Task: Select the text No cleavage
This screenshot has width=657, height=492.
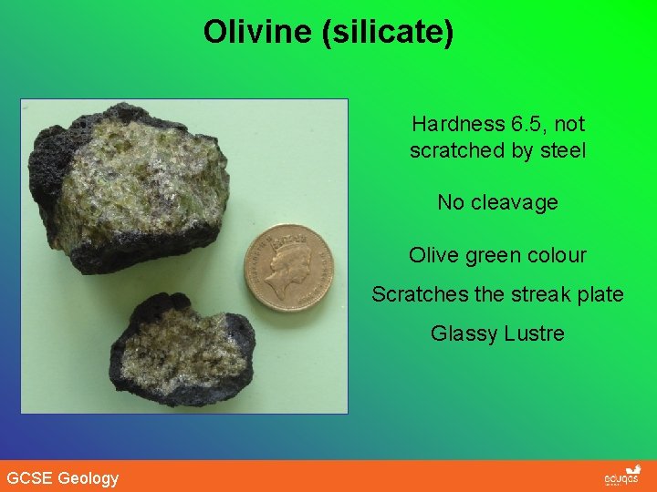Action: [497, 202]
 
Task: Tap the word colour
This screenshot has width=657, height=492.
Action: [556, 255]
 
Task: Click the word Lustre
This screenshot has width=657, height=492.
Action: [532, 333]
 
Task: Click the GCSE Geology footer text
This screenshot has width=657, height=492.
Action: [63, 477]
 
